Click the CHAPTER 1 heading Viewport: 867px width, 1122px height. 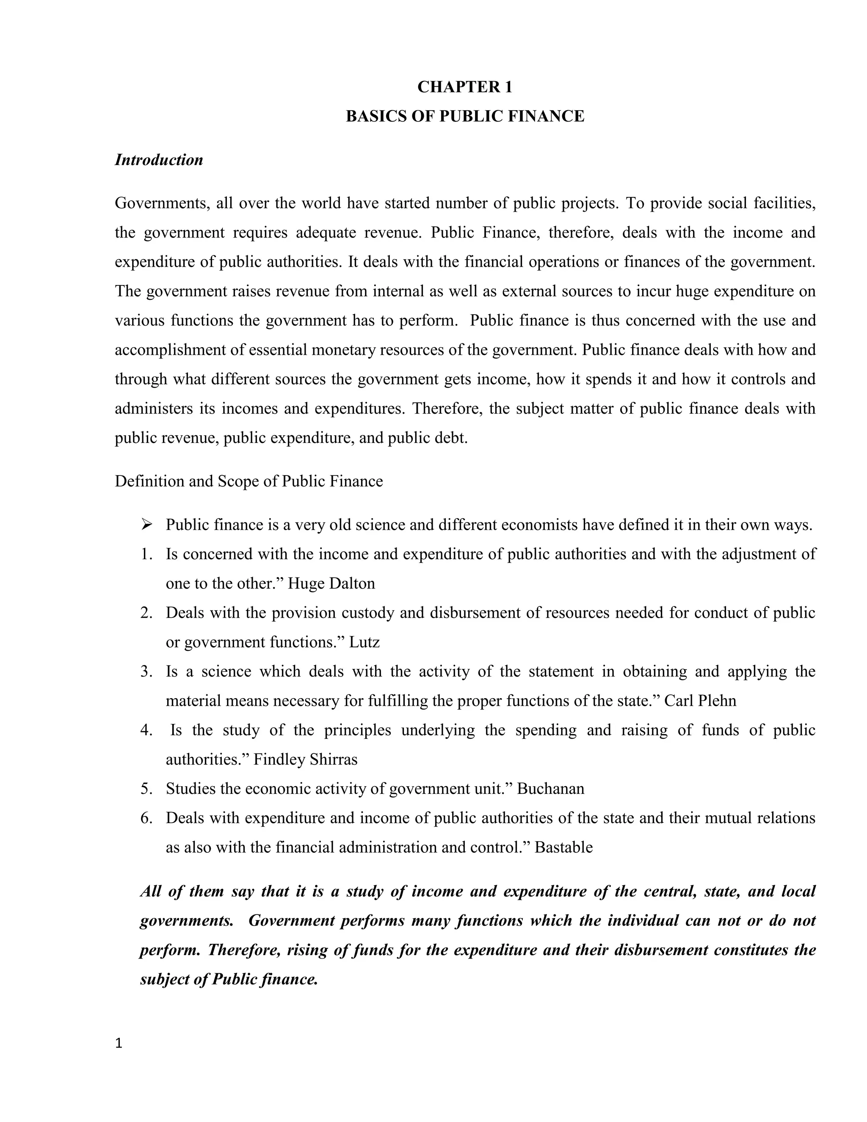coord(464,87)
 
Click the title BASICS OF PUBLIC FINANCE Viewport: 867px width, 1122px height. coord(464,116)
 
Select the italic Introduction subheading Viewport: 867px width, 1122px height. coord(159,160)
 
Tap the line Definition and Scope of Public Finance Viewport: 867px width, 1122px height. coord(249,481)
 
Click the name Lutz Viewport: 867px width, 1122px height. coord(364,642)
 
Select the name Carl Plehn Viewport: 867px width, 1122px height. coord(700,701)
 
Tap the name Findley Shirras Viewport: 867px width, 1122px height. coord(306,759)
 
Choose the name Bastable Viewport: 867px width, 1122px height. coord(563,847)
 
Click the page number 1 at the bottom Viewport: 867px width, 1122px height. coord(119,1043)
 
